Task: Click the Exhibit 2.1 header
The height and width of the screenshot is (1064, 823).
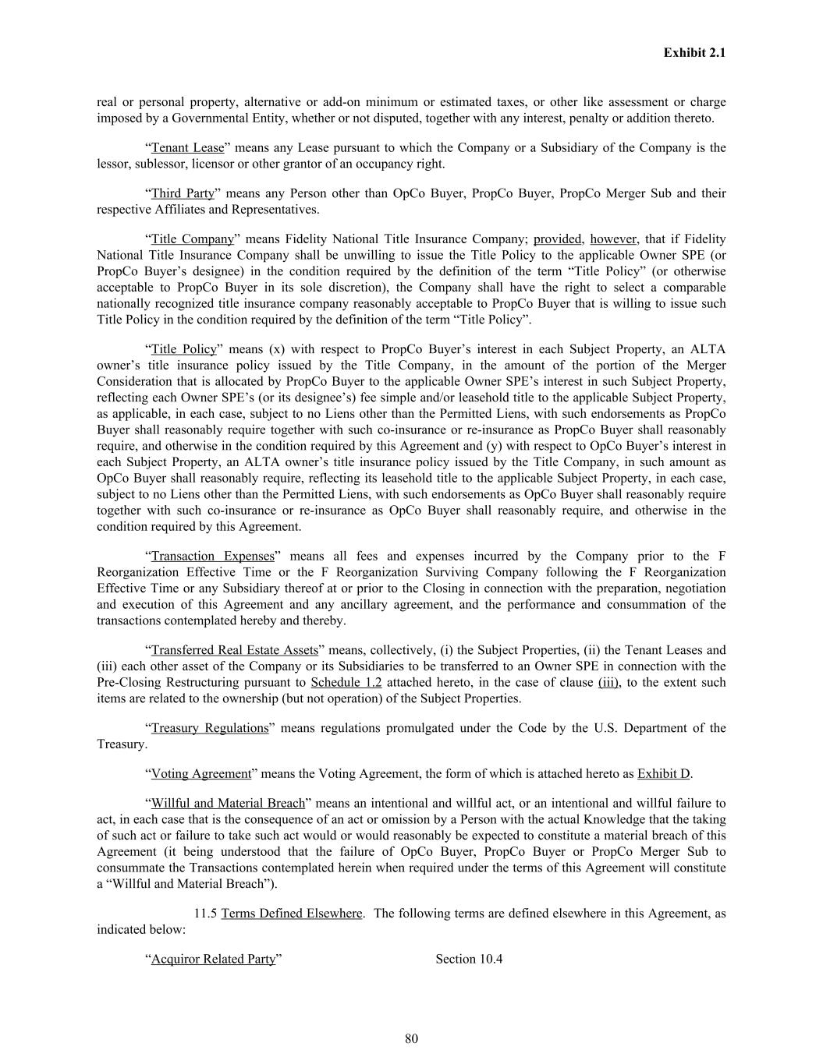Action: click(x=694, y=53)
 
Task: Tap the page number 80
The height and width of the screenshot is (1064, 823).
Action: click(x=412, y=1038)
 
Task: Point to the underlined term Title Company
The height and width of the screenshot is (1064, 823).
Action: click(x=192, y=239)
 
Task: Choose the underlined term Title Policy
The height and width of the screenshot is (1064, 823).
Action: click(x=183, y=349)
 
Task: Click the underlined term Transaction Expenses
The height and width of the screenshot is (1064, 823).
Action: click(x=213, y=556)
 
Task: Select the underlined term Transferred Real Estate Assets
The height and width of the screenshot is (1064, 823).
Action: click(x=234, y=650)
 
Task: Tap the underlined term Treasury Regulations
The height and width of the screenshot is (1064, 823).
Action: click(x=209, y=728)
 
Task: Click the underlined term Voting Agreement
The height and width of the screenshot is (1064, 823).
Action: click(x=201, y=774)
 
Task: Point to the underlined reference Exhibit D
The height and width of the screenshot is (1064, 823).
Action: click(x=664, y=774)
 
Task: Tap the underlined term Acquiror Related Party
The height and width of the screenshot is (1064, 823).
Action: click(x=213, y=959)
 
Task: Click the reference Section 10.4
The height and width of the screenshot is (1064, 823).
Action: click(x=469, y=959)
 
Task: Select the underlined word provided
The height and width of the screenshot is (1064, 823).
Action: click(x=558, y=239)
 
